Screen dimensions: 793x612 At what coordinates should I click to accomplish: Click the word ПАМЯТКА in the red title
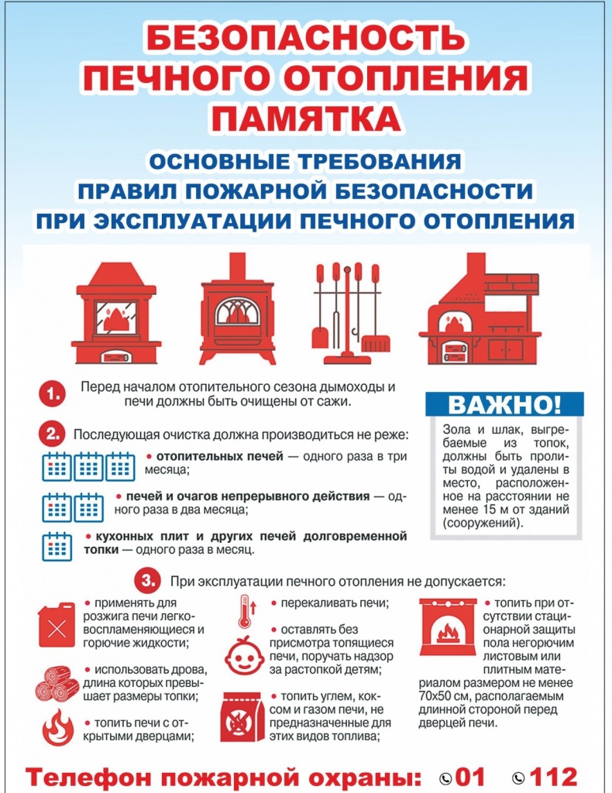point(306,118)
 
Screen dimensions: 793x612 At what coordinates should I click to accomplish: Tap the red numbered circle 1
point(53,394)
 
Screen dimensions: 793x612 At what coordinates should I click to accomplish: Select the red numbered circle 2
point(53,435)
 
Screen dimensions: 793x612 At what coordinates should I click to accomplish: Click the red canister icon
point(57,625)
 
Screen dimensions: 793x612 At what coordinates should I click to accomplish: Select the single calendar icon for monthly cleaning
point(57,546)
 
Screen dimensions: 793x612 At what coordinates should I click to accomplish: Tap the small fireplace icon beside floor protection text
point(448,627)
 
